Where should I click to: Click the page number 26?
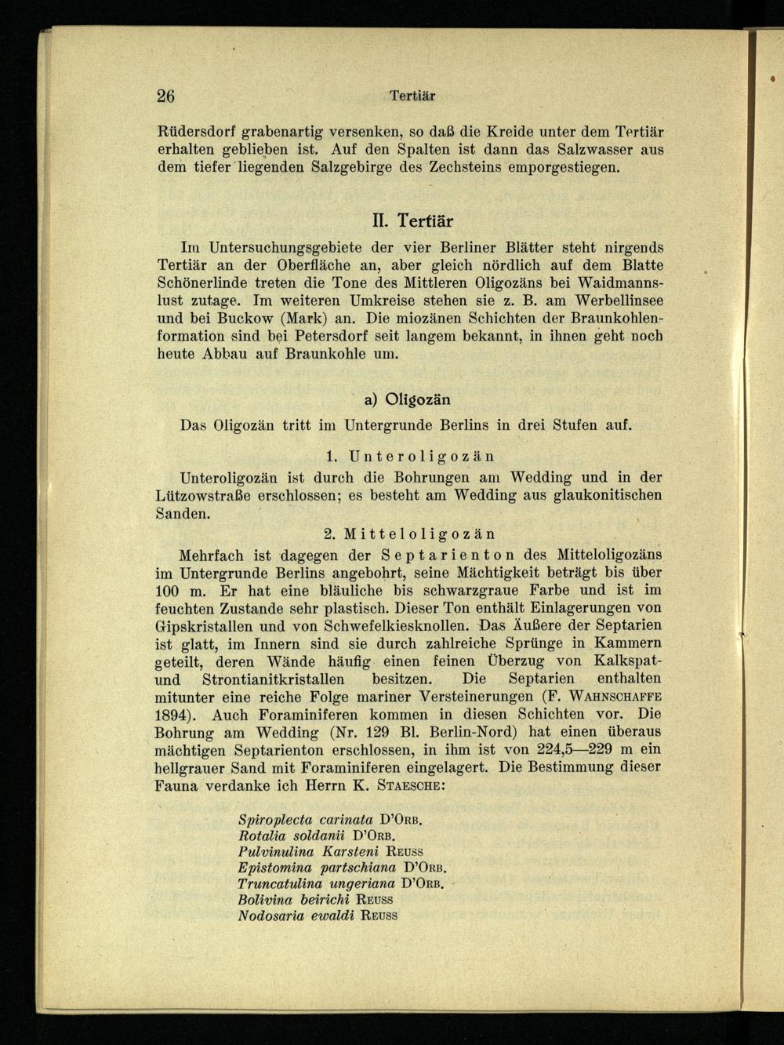click(x=165, y=96)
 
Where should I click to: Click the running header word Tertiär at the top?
click(x=412, y=96)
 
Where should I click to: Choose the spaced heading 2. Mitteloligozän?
click(x=409, y=533)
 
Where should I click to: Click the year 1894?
click(x=176, y=715)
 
